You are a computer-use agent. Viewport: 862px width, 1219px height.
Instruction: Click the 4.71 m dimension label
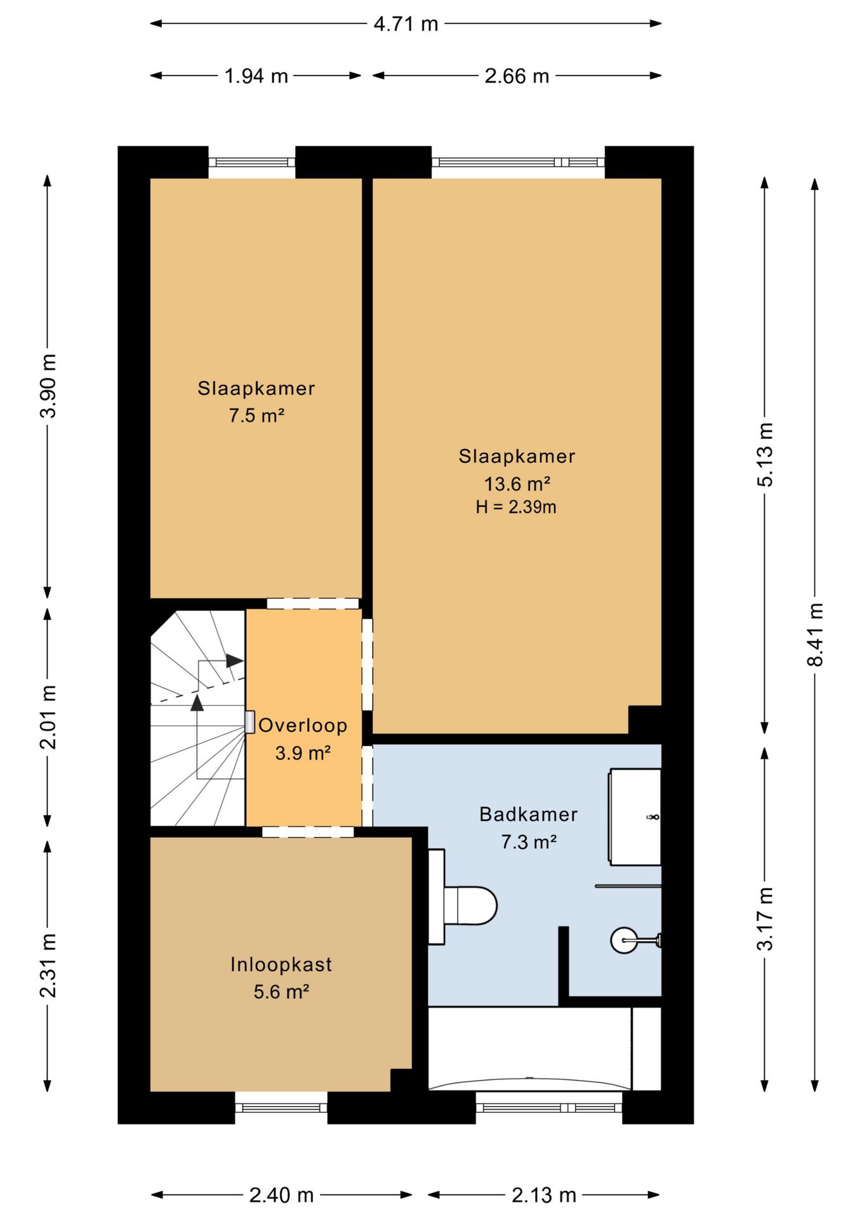[406, 24]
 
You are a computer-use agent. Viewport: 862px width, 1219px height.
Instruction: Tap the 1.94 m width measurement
[256, 76]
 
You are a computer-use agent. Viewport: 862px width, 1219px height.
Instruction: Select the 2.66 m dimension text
[517, 76]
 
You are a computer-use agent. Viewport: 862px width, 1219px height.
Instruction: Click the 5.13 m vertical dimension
[765, 455]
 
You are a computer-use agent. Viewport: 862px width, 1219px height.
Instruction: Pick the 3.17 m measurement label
[765, 919]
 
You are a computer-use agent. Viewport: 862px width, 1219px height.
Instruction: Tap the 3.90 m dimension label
[48, 385]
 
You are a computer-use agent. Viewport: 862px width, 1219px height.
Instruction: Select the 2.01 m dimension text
[48, 717]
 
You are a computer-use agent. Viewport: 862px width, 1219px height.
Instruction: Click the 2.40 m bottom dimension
[281, 1196]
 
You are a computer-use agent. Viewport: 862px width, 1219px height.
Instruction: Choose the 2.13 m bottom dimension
[544, 1196]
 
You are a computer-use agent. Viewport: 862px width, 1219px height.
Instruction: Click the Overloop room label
[303, 725]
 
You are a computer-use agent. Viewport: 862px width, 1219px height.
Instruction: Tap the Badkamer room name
[528, 814]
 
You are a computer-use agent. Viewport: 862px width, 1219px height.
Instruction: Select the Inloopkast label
[281, 964]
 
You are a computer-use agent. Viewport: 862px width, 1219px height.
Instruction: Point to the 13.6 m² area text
[517, 484]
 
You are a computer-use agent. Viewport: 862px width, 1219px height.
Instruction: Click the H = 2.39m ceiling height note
[516, 507]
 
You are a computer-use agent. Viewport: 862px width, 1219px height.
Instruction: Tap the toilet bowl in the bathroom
[470, 906]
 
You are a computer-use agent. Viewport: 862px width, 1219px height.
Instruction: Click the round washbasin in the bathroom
[625, 940]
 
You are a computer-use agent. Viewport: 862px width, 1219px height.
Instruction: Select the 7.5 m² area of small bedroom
[256, 416]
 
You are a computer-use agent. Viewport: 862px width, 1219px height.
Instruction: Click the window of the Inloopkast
[281, 1108]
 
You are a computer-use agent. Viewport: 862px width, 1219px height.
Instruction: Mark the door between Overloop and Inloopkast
[308, 832]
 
